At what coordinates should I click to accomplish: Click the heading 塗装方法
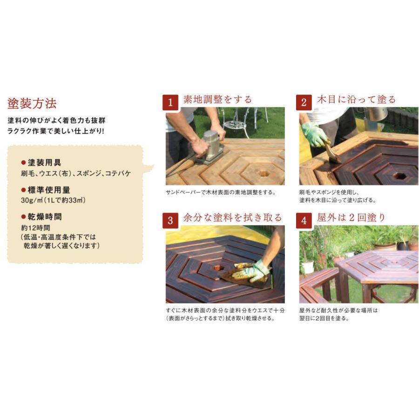[x=32, y=104]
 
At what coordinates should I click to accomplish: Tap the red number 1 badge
[x=170, y=102]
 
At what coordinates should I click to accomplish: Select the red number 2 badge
[x=304, y=102]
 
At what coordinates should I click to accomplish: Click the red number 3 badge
[x=170, y=221]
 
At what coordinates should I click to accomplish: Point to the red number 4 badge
[x=304, y=221]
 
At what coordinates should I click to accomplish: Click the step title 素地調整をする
[x=217, y=100]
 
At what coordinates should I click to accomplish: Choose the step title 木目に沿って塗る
[x=356, y=100]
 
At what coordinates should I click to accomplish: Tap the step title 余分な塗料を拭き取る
[x=232, y=218]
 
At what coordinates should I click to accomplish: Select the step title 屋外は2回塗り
[x=351, y=218]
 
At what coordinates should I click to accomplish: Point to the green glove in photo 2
[x=315, y=135]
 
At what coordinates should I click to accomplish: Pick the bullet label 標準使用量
[x=46, y=190]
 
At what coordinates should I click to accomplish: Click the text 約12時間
[x=35, y=228]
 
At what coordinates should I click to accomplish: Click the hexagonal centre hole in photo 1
[x=264, y=173]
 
